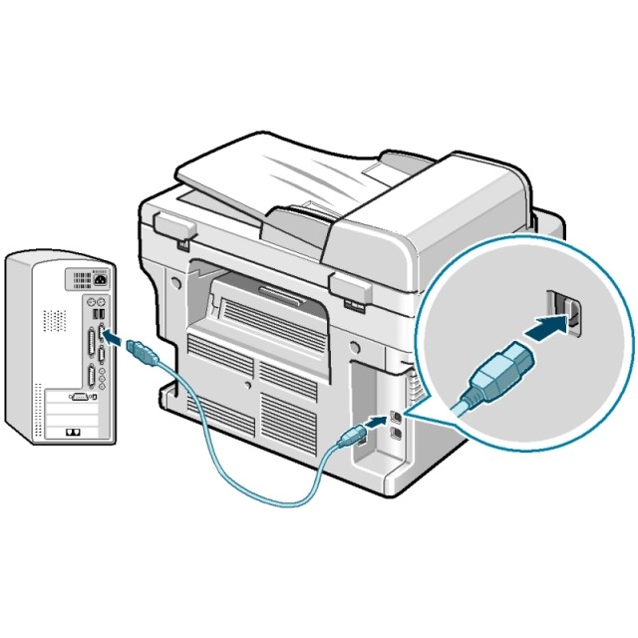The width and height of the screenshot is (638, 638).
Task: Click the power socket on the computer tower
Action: (100, 278)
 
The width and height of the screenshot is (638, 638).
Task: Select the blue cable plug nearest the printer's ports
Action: (355, 435)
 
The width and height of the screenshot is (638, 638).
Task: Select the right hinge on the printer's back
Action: (349, 292)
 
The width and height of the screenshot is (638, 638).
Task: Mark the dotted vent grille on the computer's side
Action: (54, 320)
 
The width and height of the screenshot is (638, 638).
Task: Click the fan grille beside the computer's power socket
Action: (79, 279)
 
